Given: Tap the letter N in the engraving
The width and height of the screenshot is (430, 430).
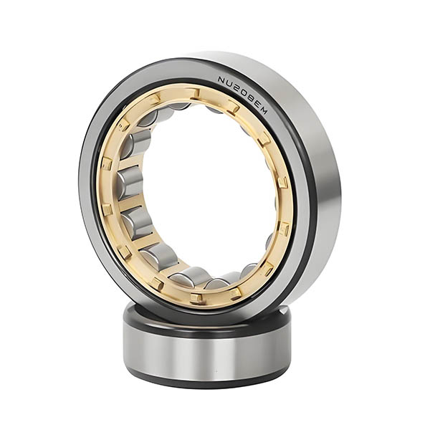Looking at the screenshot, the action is point(222,80).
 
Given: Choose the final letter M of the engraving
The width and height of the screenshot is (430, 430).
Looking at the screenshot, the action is point(262,110).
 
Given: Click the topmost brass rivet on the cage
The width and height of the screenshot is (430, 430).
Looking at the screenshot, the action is point(195,93).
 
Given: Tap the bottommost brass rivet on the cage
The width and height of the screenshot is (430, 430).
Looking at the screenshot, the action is point(194,297).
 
